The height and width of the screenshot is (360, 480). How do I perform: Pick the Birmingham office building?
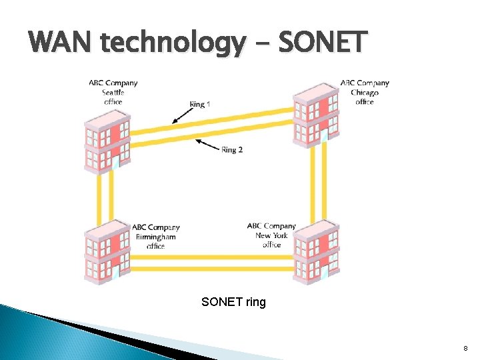pyautogui.click(x=107, y=253)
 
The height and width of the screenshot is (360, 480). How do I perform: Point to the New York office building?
pyautogui.click(x=316, y=252)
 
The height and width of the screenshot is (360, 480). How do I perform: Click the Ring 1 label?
pyautogui.click(x=200, y=104)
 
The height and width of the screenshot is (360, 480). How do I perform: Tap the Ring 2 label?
pyautogui.click(x=232, y=149)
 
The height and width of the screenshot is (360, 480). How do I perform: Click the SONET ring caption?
pyautogui.click(x=233, y=302)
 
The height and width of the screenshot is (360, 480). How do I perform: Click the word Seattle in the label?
pyautogui.click(x=113, y=92)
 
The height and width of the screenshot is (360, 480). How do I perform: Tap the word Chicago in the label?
pyautogui.click(x=365, y=92)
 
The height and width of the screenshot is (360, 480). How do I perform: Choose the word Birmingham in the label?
pyautogui.click(x=155, y=237)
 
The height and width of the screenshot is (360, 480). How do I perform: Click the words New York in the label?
pyautogui.click(x=271, y=235)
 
